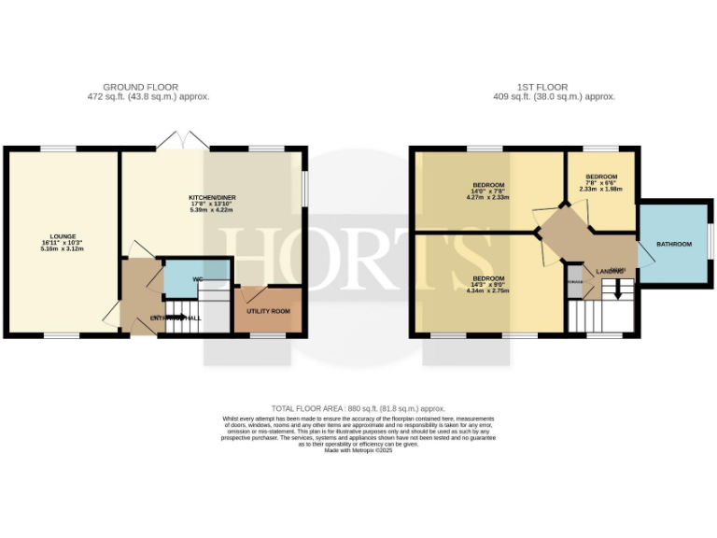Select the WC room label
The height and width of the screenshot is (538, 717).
coord(198,279)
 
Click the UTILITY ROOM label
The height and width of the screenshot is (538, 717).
coord(268,310)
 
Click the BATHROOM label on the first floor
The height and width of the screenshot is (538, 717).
coord(673,244)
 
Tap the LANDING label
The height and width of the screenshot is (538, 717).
coord(610,269)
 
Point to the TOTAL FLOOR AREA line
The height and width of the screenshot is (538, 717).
coord(358,408)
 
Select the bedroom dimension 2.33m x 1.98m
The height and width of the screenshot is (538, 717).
coord(601,190)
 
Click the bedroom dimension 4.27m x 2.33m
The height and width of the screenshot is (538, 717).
coord(488,197)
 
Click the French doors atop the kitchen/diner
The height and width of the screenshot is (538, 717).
coord(176,141)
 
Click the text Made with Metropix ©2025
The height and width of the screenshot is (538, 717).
coord(358,450)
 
